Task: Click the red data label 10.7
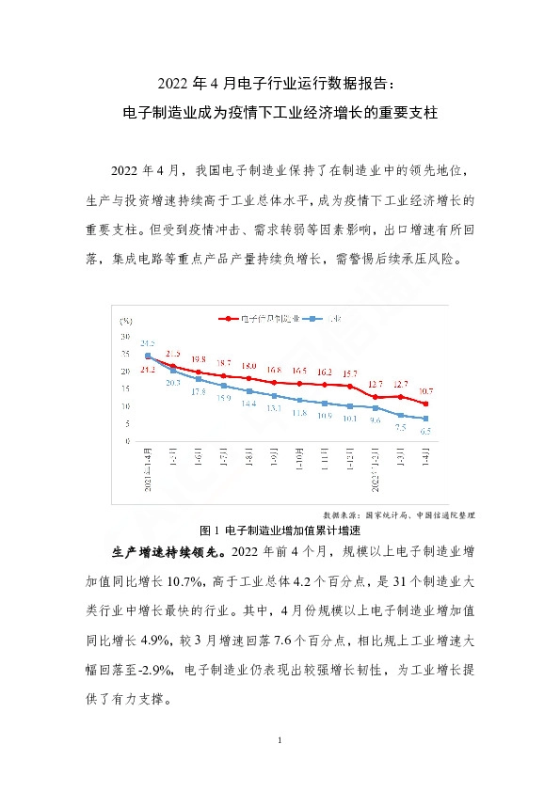coord(425,390)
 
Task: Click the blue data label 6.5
coord(425,431)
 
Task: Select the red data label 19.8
coord(198,359)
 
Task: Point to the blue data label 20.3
coord(173,383)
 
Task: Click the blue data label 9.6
coord(375,420)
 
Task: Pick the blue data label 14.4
coord(248,403)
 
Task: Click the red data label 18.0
coord(248,366)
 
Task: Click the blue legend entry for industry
coord(329,319)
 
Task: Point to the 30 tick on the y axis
coord(125,336)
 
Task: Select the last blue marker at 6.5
coord(425,419)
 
